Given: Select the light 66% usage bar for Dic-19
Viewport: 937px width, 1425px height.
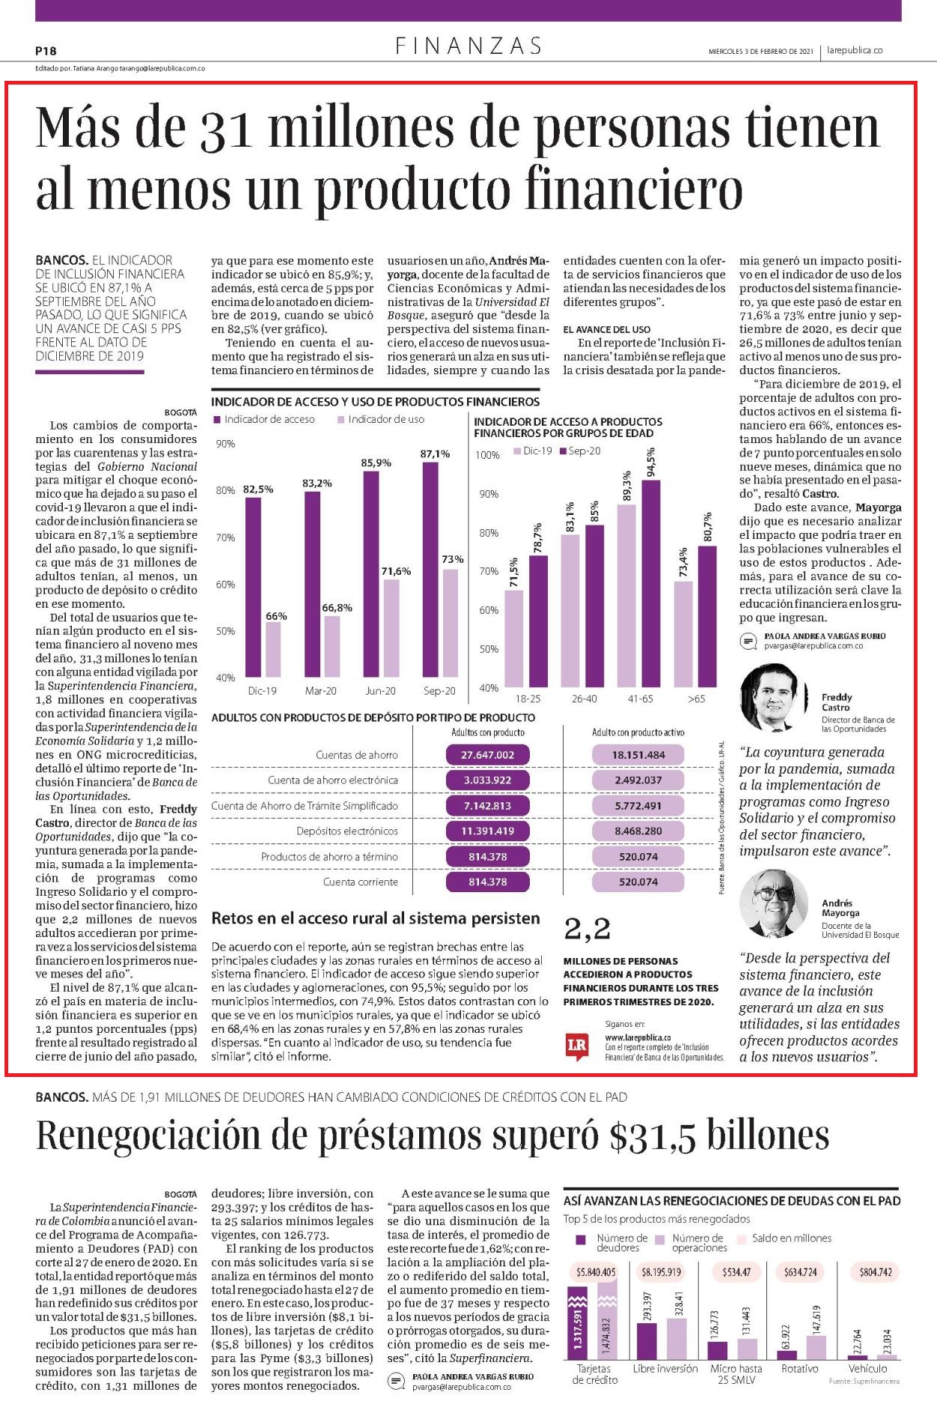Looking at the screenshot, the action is click(273, 650).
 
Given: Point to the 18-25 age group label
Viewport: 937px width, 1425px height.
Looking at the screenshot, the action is click(528, 698).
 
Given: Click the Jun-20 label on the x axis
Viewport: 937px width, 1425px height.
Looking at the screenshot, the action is click(380, 691).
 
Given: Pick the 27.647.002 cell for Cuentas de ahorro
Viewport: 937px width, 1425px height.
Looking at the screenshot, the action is click(487, 754).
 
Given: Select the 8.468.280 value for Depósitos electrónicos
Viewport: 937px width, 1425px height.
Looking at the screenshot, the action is click(638, 831).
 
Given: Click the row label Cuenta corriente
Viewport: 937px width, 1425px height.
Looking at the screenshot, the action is click(361, 882).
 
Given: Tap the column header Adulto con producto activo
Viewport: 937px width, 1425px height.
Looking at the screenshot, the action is click(638, 732).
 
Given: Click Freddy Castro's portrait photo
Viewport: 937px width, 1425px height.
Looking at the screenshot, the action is click(774, 698).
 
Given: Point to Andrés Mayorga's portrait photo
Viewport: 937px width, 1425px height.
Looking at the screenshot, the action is click(774, 903).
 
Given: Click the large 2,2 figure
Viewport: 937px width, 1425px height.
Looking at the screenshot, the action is click(587, 929).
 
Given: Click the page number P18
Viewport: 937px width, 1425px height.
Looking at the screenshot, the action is click(46, 51).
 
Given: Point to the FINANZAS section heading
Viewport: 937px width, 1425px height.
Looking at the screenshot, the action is click(469, 46).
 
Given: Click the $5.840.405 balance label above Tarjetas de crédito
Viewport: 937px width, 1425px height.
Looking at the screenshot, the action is click(596, 1272).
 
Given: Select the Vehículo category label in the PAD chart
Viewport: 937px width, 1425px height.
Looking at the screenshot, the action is click(867, 1368).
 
